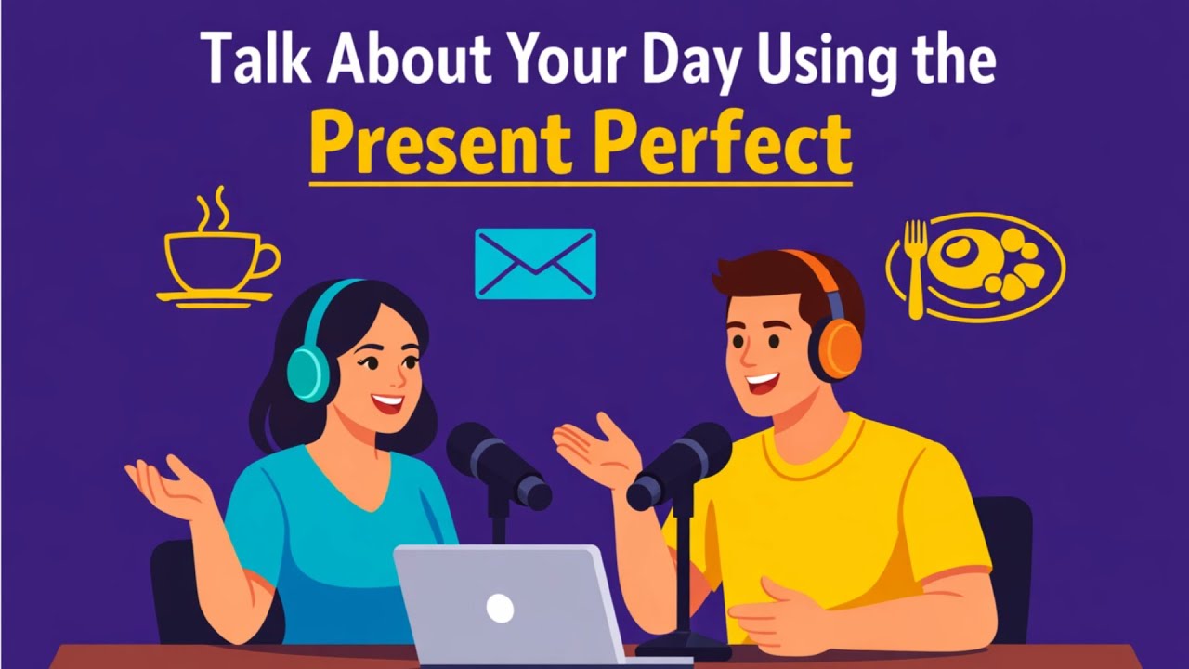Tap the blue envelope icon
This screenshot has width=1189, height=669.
[535, 263]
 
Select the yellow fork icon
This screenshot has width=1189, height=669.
[916, 265]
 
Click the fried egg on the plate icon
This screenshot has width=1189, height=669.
[966, 258]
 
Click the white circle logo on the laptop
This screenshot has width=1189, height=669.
[500, 609]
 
